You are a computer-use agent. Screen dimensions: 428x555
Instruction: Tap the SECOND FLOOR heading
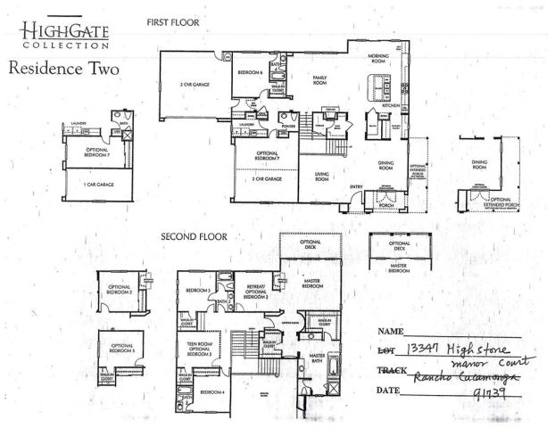(x=194, y=237)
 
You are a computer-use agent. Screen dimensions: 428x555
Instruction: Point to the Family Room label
(x=319, y=80)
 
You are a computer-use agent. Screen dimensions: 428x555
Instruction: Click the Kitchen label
(x=390, y=104)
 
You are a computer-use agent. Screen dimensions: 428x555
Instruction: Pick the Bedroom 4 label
(x=212, y=392)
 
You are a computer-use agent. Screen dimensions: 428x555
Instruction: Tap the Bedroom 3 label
(x=197, y=291)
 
